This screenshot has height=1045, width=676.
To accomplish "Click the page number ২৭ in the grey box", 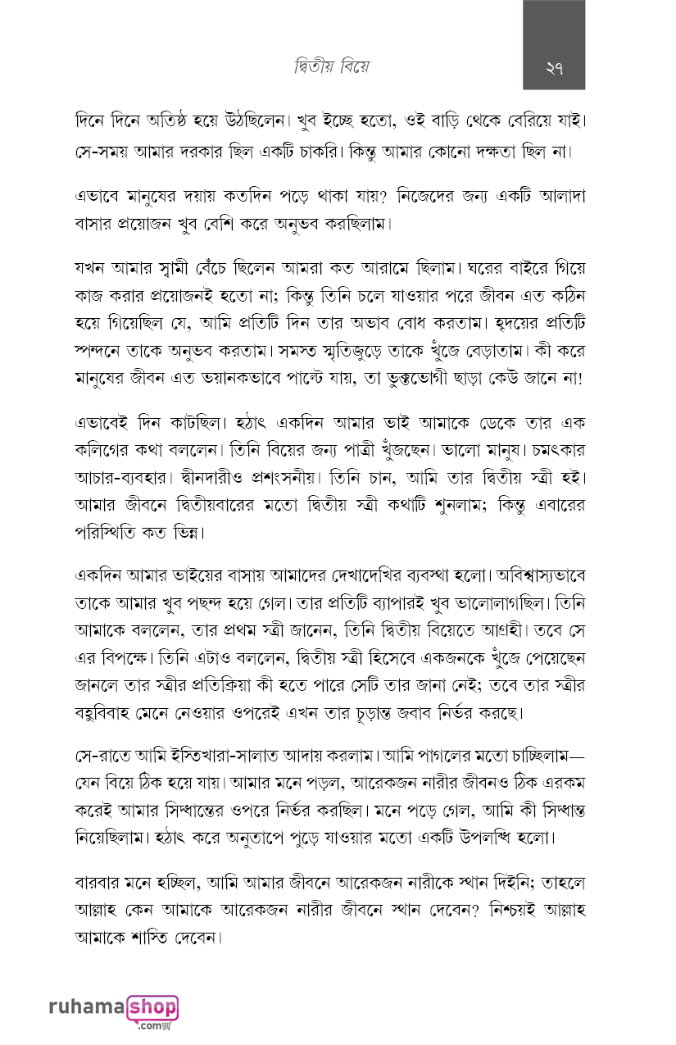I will click(x=554, y=68).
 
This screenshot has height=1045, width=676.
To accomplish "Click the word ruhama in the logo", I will click(x=88, y=1007).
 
